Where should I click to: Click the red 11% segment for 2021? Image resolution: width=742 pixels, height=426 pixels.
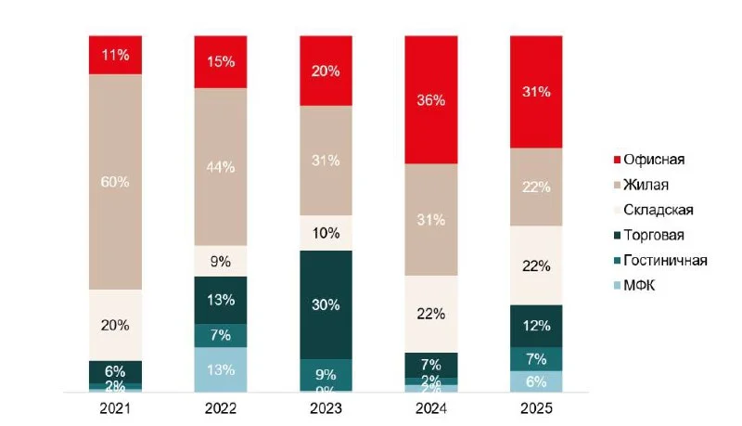115,55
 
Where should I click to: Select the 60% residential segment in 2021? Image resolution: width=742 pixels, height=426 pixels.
115,182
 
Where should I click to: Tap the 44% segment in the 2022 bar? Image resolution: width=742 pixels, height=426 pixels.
221,167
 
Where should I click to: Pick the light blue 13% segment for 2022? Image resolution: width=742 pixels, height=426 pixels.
221,370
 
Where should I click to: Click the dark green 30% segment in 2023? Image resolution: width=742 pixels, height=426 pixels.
326,304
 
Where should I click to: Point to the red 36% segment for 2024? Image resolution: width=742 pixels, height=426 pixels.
431,100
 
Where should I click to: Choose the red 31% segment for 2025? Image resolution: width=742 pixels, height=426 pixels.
537,92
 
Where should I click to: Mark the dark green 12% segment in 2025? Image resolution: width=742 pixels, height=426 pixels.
537,326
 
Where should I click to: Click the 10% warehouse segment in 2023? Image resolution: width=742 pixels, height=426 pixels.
326,233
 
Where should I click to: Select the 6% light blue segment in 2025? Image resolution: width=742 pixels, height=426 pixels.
537,381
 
